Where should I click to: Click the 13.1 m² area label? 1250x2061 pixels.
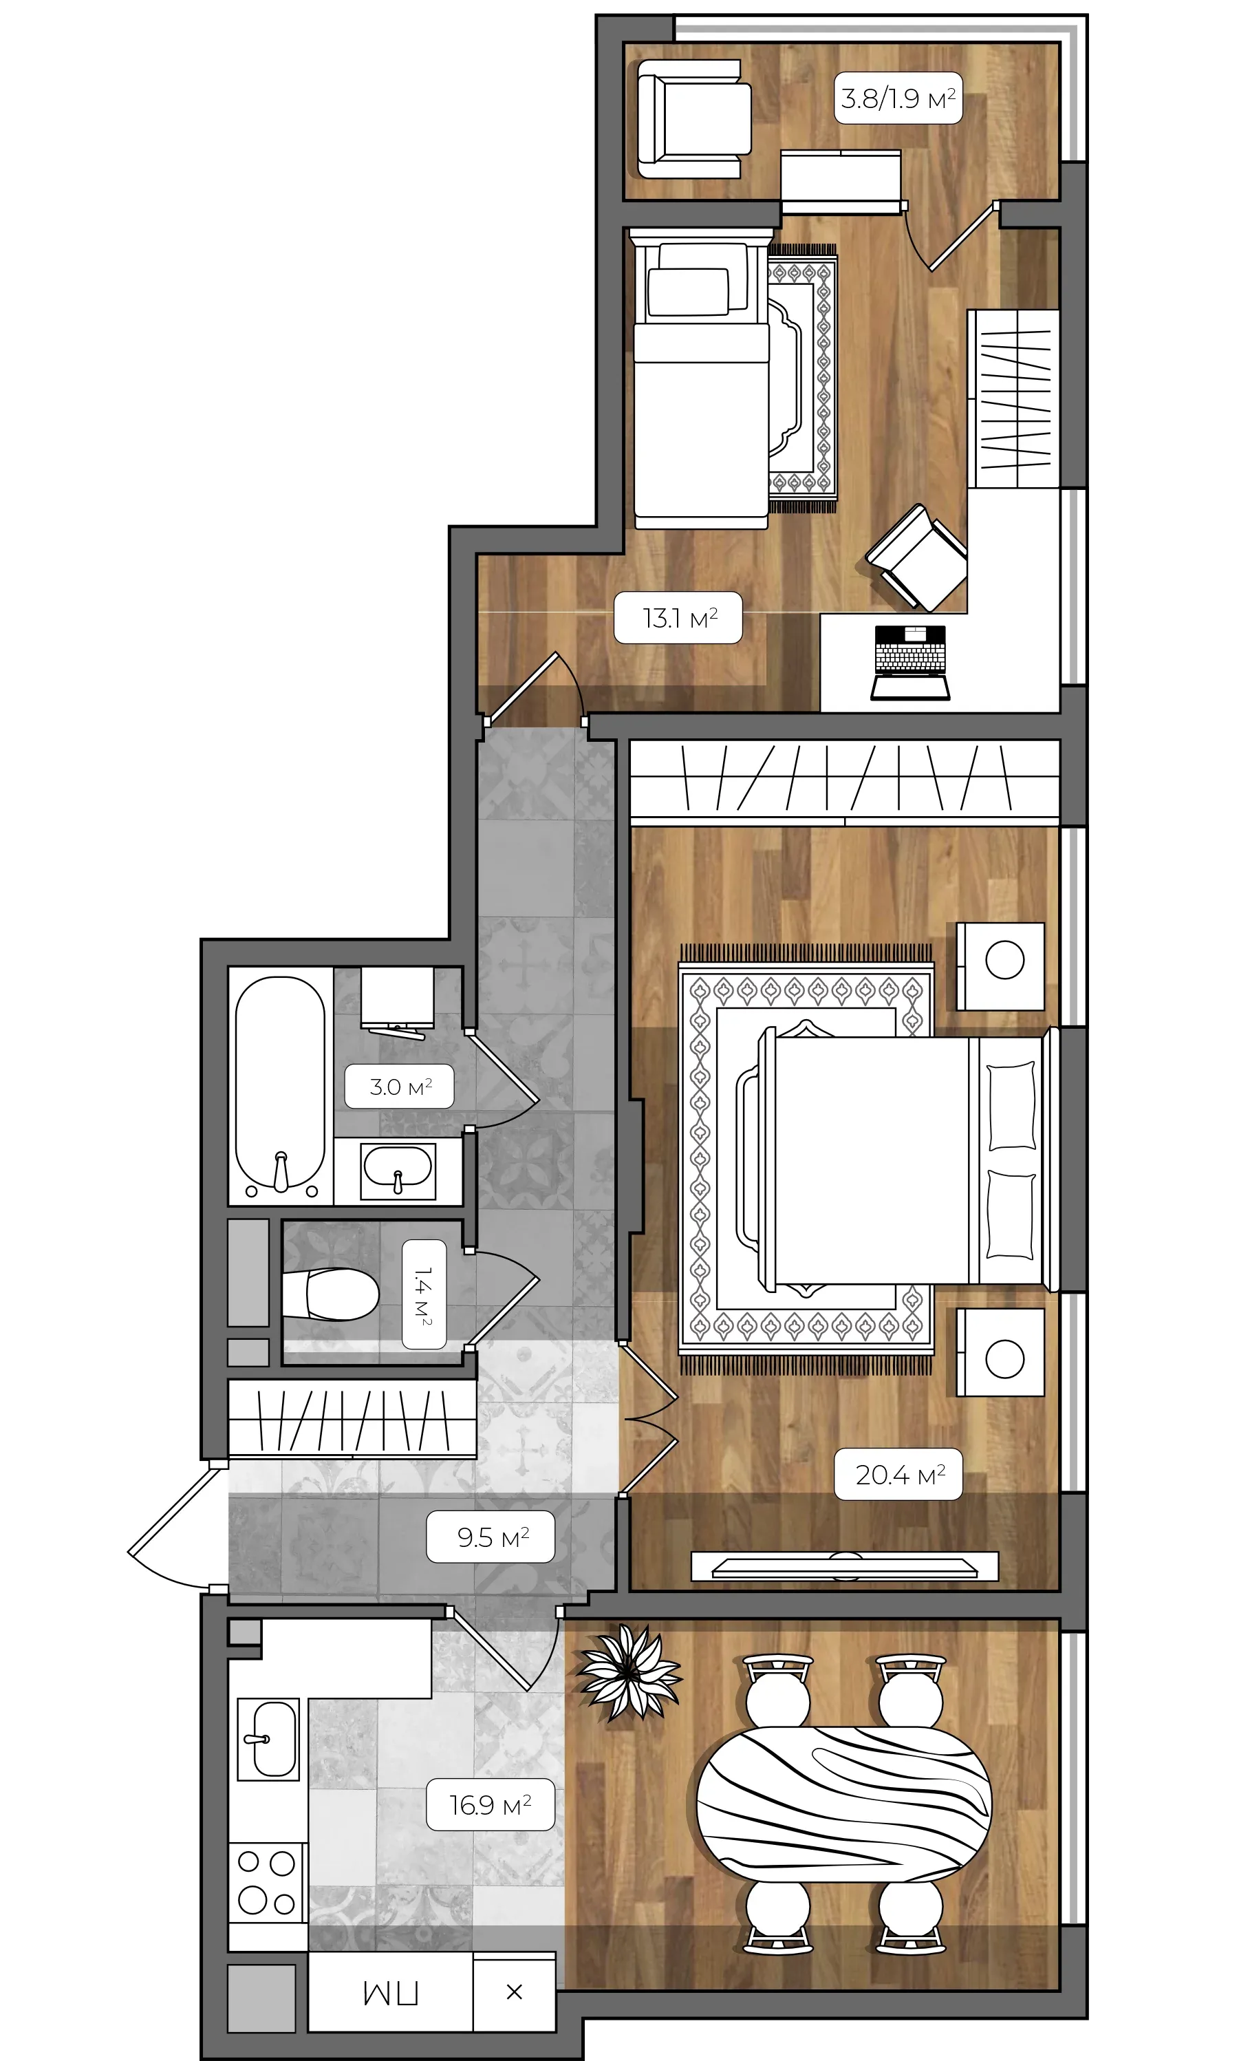678,618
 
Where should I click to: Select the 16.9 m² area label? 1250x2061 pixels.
490,1804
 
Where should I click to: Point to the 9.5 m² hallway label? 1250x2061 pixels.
491,1537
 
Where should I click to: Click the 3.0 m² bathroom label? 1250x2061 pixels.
400,1087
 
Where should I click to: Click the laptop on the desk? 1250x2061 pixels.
909,661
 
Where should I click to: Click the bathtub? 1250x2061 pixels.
280,1085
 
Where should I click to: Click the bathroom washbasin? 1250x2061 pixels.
398,1169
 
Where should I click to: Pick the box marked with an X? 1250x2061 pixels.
514,1991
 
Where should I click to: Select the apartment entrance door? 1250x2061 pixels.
171,1528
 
